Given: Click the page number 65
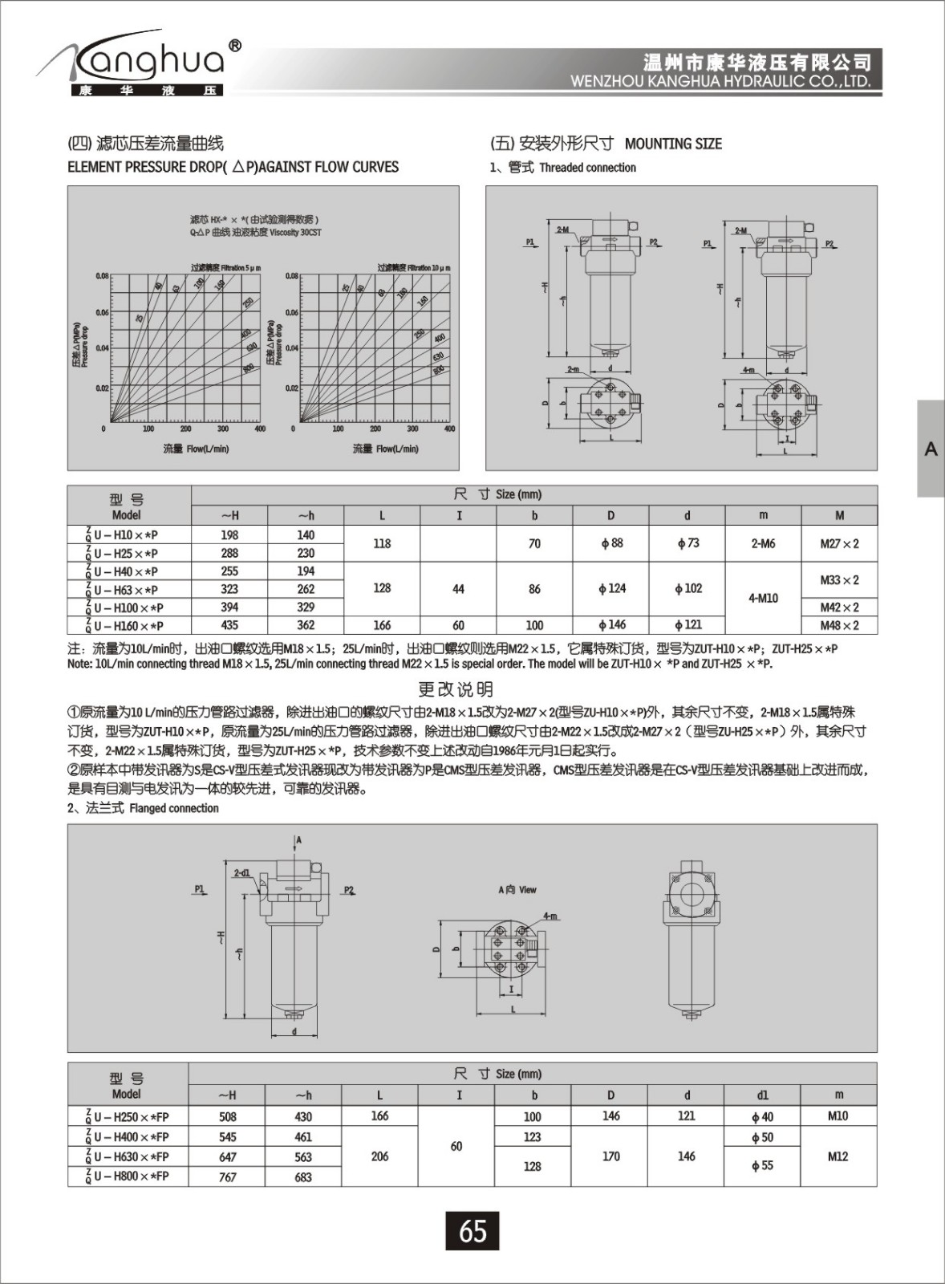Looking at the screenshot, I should [472, 1230].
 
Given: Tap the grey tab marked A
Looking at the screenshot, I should [931, 449].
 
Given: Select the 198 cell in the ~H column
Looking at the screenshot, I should [229, 535].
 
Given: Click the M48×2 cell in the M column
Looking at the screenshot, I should [839, 625].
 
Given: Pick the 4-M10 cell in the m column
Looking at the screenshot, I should [763, 598].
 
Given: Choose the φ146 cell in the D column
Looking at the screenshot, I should [611, 625].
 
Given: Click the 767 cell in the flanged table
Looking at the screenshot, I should [228, 1176].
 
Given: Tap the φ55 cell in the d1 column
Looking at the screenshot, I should [762, 1165].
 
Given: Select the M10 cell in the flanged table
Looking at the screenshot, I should [838, 1116].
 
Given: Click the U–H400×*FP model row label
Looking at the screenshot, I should [128, 1137].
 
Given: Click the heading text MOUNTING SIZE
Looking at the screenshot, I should [673, 144].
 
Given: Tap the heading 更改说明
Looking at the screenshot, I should [456, 689].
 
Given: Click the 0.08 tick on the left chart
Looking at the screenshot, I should [102, 276].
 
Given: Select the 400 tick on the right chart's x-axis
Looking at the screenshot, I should [449, 429].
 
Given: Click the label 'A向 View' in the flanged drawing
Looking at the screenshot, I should [517, 890].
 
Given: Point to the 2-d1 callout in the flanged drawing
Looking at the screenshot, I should [241, 872].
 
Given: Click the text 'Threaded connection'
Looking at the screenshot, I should [587, 168].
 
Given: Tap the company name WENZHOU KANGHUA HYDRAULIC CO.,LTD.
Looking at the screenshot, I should [720, 82].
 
